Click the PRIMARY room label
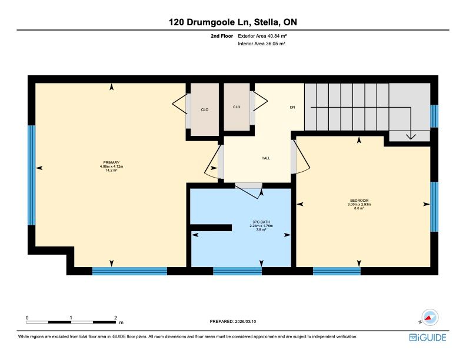[111, 162]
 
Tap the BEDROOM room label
[359, 201]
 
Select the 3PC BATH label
[261, 222]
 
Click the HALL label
[266, 158]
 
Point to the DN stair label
[292, 107]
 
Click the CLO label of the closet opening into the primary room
[205, 109]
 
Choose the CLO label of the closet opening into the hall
[237, 107]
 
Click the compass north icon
[430, 317]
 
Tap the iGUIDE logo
[428, 338]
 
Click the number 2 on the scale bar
[115, 318]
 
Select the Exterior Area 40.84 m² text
[262, 36]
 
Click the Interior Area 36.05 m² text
[261, 44]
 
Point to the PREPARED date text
[232, 321]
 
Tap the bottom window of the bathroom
[238, 271]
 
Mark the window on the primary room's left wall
[32, 175]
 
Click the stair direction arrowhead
[411, 136]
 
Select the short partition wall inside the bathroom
[211, 228]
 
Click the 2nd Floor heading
[222, 36]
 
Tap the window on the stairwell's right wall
[434, 116]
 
